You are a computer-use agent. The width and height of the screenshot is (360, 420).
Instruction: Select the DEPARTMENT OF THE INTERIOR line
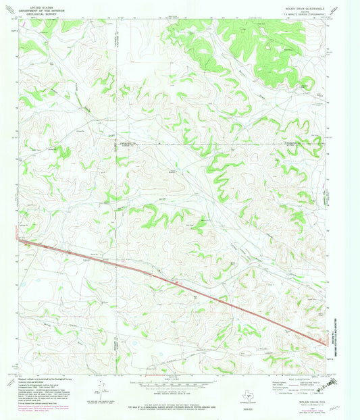[40, 8]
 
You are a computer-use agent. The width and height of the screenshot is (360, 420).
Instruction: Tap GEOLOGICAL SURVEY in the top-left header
[40, 12]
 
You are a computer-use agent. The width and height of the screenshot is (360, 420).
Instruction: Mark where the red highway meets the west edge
[19, 240]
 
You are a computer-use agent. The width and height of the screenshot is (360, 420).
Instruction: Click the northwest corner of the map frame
[19, 20]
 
